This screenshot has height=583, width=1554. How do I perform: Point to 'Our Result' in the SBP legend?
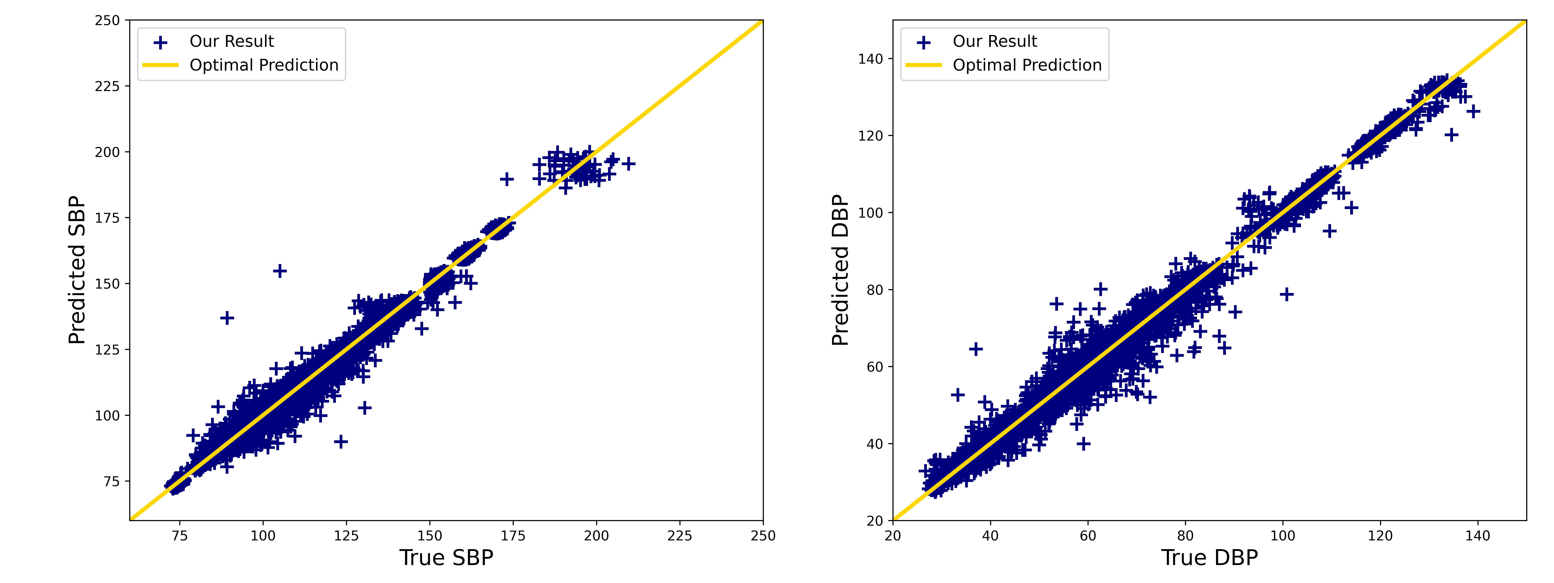pyautogui.click(x=232, y=42)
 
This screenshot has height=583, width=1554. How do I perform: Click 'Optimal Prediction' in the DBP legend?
pyautogui.click(x=1027, y=65)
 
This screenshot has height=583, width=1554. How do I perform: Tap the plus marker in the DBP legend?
pyautogui.click(x=924, y=42)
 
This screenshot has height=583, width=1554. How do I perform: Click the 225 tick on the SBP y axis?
pyautogui.click(x=107, y=86)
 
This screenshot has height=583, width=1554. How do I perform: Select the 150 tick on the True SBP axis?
pyautogui.click(x=429, y=535)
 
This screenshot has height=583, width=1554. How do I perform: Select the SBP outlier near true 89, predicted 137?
pyautogui.click(x=227, y=318)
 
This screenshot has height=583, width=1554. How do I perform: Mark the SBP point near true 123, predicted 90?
pyautogui.click(x=341, y=442)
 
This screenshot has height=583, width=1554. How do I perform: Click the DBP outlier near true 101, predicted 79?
pyautogui.click(x=1287, y=295)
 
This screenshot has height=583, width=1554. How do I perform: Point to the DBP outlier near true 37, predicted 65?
pyautogui.click(x=975, y=349)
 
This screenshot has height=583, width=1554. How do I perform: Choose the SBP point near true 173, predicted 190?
pyautogui.click(x=507, y=179)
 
